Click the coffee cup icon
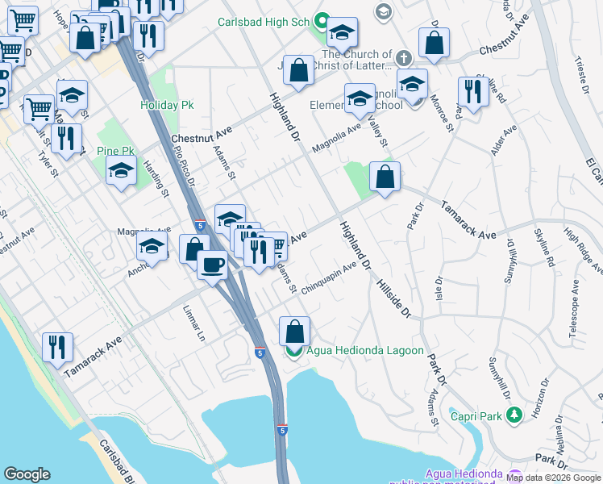tap(212, 263)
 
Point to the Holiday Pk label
tap(167, 105)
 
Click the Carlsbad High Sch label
tap(264, 22)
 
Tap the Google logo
tap(27, 474)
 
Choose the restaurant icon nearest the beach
tap(57, 347)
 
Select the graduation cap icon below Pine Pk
tap(121, 171)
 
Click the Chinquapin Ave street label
tap(329, 278)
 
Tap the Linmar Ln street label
tap(193, 322)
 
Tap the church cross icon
tap(404, 58)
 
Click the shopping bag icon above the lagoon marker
tap(294, 331)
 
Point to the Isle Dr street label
tap(439, 290)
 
